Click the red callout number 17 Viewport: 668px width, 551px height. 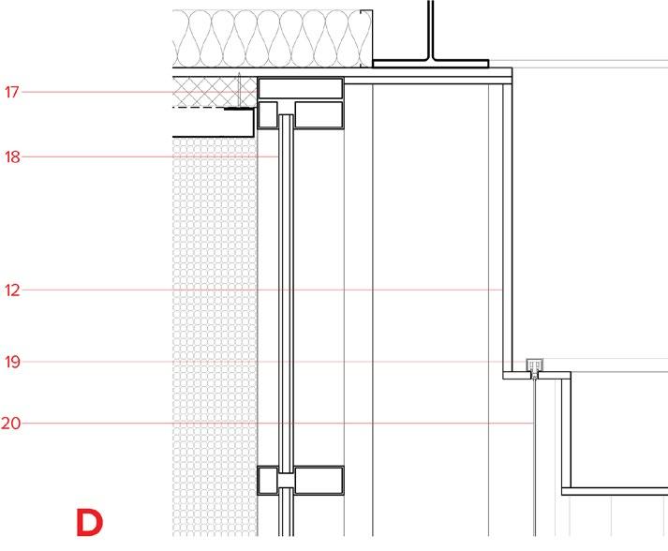coord(11,92)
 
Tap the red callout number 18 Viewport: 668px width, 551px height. coord(11,157)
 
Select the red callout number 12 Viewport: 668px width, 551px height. coord(11,290)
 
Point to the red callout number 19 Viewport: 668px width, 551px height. coord(11,362)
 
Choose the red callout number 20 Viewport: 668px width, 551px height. coord(11,424)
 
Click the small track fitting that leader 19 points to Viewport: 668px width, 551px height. coord(535,365)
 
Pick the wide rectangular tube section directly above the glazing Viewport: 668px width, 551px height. coord(300,89)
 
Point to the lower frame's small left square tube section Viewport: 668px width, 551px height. coord(267,481)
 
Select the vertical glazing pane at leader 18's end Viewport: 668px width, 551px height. coord(286,281)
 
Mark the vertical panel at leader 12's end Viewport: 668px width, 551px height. coord(507,290)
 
